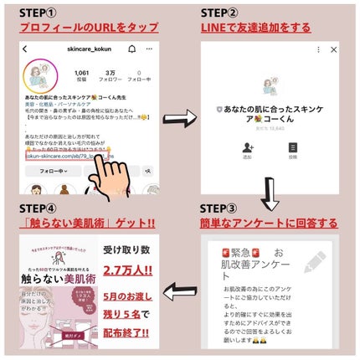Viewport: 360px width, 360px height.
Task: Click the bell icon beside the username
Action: tap(132, 50)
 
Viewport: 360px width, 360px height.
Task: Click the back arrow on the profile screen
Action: tap(29, 50)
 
